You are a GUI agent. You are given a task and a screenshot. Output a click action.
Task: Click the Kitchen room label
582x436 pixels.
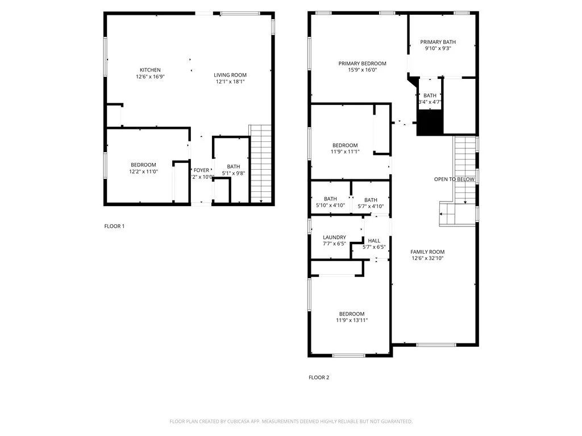click(x=150, y=70)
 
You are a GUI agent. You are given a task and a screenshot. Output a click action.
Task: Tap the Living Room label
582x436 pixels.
click(x=230, y=75)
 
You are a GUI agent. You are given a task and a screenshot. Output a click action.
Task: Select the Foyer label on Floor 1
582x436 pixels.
click(x=201, y=170)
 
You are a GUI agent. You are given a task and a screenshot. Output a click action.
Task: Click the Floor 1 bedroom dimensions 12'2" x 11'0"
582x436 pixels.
click(x=143, y=171)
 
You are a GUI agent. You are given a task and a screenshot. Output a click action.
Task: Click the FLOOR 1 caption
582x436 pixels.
click(x=114, y=226)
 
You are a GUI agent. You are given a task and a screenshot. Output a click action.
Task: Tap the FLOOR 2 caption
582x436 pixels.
click(x=319, y=377)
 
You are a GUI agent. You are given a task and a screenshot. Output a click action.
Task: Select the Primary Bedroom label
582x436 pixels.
click(x=362, y=64)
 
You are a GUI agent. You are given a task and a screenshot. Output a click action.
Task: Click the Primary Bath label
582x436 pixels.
click(x=438, y=42)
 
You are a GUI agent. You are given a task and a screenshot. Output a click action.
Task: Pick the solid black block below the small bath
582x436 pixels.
click(x=430, y=122)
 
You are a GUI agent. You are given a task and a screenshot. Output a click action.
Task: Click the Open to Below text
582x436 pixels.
click(x=454, y=179)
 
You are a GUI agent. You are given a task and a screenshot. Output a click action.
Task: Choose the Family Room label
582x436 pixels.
click(x=427, y=251)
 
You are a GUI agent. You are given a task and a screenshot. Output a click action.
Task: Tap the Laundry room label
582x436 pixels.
click(x=334, y=237)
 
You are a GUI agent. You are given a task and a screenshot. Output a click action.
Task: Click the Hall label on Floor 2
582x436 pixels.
click(x=374, y=241)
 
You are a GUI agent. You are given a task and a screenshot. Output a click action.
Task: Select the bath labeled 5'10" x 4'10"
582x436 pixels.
click(x=330, y=206)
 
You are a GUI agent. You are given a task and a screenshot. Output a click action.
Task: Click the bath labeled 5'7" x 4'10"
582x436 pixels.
click(x=371, y=206)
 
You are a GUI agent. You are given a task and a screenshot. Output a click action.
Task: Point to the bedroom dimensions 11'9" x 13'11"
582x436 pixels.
click(x=352, y=321)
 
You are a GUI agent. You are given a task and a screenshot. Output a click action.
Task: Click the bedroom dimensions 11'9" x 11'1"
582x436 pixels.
click(x=345, y=152)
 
